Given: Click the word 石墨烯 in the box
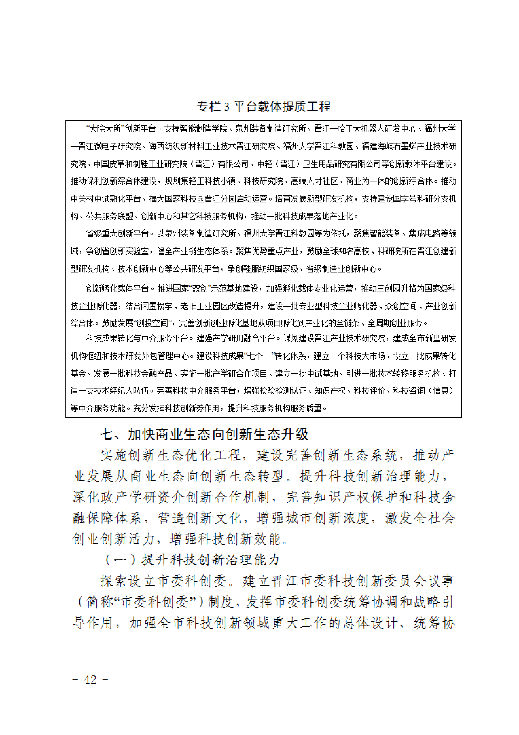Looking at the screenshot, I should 409,146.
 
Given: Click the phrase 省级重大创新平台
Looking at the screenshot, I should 117,233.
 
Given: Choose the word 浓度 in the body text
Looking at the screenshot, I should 356,518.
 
